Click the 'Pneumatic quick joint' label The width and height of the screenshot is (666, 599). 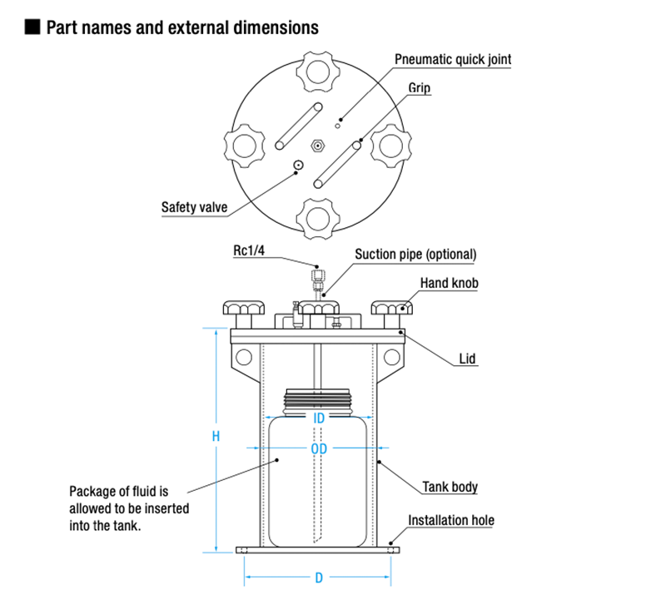click(452, 59)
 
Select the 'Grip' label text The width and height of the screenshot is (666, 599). click(420, 87)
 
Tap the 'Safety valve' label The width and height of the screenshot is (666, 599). click(194, 207)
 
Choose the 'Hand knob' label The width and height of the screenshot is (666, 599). click(449, 283)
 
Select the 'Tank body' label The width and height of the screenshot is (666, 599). click(450, 487)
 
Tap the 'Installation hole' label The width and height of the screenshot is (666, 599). click(450, 521)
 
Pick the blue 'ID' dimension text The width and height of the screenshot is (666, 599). click(318, 418)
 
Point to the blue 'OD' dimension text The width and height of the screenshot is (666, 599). click(318, 449)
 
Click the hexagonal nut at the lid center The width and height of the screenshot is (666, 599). click(317, 145)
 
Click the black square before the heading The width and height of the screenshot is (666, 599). click(32, 27)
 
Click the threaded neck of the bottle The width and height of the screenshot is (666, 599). click(318, 400)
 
